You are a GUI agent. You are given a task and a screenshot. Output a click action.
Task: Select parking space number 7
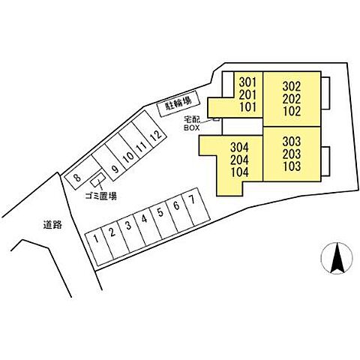coord(196,207)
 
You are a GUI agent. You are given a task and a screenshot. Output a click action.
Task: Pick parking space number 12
coord(149,132)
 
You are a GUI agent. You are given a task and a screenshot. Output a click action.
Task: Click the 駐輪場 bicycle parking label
coord(178,103)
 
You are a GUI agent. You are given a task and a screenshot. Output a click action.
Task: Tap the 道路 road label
coord(52,225)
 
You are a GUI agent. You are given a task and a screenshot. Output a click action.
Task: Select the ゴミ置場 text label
coord(101,196)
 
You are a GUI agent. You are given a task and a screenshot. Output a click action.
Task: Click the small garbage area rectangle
coord(97,179)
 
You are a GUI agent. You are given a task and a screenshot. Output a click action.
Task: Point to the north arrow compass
coord(337,258)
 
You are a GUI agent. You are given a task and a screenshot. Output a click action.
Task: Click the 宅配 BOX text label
coord(192,124)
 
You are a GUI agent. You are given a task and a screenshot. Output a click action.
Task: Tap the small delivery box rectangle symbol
coord(216,119)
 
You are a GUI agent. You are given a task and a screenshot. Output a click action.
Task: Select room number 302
coord(292,86)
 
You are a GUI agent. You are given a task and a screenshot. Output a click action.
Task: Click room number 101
coord(248,107)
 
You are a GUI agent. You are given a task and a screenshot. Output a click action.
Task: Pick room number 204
coord(239,160)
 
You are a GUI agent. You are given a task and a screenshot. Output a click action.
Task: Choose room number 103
coord(292,166)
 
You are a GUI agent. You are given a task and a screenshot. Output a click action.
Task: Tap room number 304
coord(239,148)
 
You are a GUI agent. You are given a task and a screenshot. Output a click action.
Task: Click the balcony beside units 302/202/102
coord(325,93)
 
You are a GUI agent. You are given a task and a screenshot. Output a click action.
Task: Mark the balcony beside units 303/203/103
coord(325,161)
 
